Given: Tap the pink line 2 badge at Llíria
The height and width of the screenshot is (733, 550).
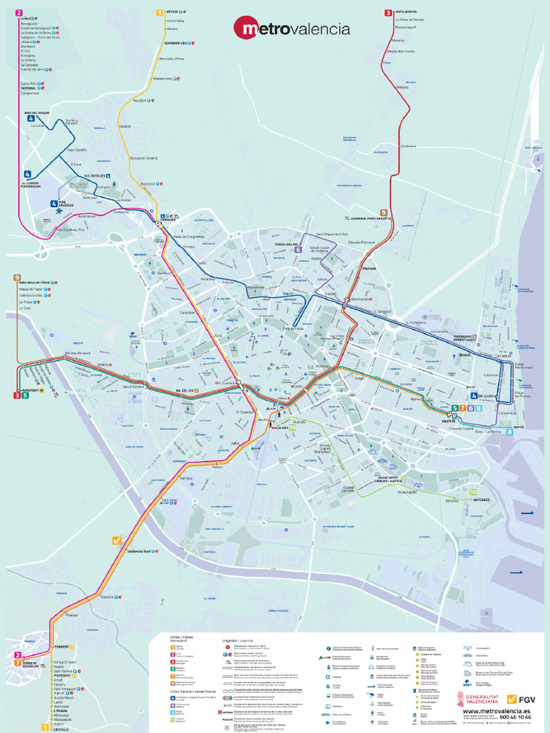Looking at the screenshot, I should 19,13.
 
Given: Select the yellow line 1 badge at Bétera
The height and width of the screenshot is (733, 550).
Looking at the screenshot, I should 160,12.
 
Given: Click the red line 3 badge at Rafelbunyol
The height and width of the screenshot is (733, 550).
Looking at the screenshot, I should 387,12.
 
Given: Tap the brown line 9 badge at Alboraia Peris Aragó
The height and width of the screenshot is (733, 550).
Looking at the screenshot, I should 384,213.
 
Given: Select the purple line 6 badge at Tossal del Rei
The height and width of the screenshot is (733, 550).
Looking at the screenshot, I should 298,249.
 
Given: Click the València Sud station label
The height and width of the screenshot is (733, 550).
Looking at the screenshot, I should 138,551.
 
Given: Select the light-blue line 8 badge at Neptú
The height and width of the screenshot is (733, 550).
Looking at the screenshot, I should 509,432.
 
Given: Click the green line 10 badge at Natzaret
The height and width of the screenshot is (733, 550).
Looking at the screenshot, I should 473,492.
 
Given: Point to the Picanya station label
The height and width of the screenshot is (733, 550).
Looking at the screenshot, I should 72,615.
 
